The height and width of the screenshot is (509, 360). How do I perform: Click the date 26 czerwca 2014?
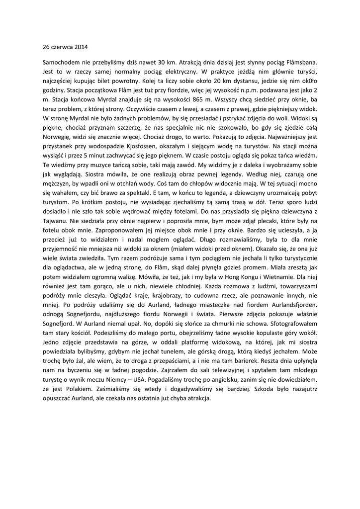click(x=65, y=48)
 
